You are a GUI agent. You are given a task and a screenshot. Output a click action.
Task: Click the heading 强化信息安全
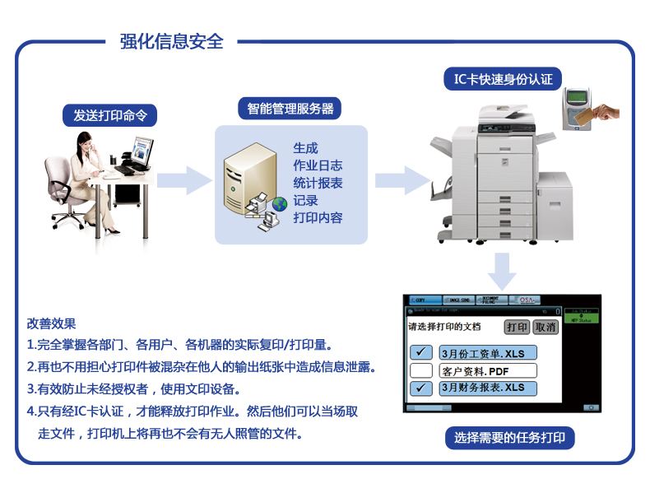[171, 41]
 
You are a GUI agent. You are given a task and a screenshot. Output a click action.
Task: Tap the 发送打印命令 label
[109, 115]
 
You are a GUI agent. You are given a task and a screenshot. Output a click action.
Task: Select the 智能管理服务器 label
[290, 109]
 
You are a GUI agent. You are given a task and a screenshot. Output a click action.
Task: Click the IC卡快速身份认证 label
[503, 80]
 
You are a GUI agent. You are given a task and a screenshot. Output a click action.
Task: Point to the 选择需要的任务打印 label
[509, 437]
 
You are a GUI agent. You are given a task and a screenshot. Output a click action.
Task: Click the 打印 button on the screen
[517, 327]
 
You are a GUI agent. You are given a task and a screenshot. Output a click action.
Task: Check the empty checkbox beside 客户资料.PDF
[421, 370]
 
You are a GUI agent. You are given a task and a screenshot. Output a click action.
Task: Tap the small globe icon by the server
[280, 203]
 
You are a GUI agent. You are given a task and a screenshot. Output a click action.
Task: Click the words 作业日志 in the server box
[318, 165]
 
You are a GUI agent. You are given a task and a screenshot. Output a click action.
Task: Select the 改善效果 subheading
[51, 323]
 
